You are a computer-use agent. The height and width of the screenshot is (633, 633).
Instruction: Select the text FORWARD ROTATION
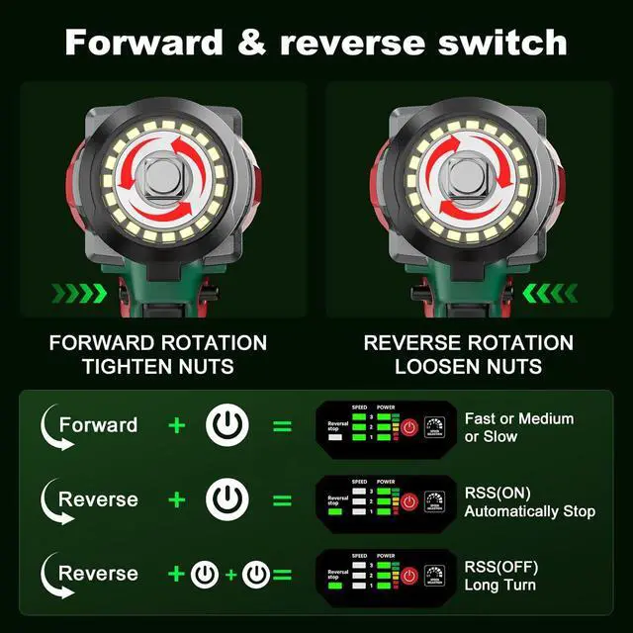(x=158, y=343)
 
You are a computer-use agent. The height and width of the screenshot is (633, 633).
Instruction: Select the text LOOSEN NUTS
(x=468, y=367)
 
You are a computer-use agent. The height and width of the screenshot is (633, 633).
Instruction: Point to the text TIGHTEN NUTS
(x=158, y=367)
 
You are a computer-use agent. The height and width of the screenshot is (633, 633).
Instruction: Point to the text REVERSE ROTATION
(x=468, y=343)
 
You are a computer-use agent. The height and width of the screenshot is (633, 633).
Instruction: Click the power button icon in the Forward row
(x=227, y=426)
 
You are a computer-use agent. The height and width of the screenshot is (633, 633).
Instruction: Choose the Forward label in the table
(x=98, y=425)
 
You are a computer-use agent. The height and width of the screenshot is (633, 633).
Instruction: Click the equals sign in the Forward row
(x=283, y=426)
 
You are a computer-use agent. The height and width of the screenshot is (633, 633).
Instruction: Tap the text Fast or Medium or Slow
(x=518, y=427)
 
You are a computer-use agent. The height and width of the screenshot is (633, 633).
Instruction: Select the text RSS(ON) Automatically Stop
(x=529, y=501)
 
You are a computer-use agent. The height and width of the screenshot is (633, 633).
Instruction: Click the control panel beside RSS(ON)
(x=384, y=501)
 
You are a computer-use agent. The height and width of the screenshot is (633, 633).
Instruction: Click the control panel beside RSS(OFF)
(x=384, y=576)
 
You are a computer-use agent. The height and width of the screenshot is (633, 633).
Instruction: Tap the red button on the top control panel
(x=409, y=427)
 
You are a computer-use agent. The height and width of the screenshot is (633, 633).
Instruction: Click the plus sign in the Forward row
(x=177, y=426)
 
